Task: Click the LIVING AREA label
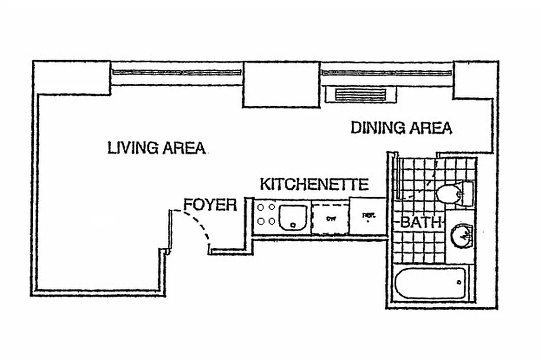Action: [x=156, y=148]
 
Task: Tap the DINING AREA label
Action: [x=401, y=128]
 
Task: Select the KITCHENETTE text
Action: [x=314, y=184]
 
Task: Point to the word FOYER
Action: [x=210, y=205]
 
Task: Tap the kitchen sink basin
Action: [x=293, y=217]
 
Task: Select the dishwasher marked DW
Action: [x=331, y=219]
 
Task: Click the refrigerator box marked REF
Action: [x=368, y=216]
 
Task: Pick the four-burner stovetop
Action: [x=266, y=214]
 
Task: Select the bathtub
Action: [x=429, y=283]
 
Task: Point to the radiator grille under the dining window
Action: [x=361, y=95]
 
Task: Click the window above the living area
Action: [x=177, y=72]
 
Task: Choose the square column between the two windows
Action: [x=281, y=85]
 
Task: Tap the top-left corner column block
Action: [x=72, y=77]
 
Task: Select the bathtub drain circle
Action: [x=459, y=283]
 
